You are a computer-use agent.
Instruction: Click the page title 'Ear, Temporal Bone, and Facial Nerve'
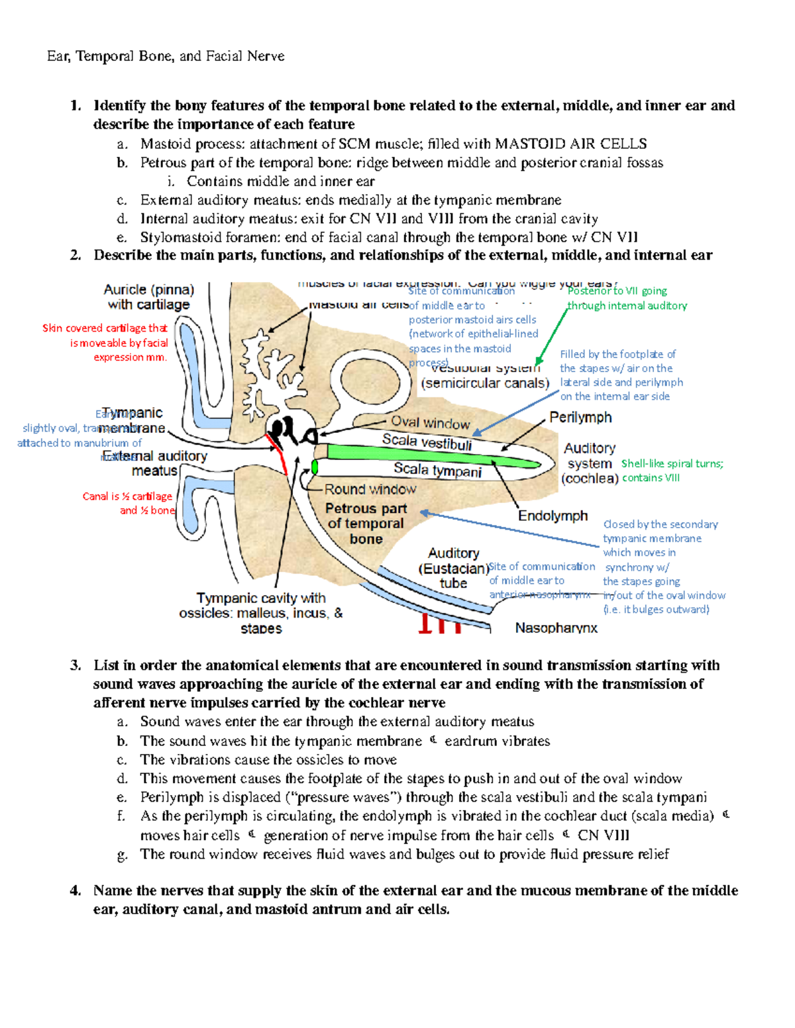click(166, 56)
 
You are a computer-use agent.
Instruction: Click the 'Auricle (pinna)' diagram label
click(148, 290)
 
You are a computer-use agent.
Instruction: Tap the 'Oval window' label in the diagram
click(430, 422)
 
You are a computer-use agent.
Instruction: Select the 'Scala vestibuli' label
click(427, 442)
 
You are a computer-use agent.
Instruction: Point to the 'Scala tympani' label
click(437, 470)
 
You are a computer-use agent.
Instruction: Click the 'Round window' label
click(370, 489)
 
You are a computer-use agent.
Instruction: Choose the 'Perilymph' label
click(580, 418)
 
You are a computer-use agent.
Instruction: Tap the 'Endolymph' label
click(553, 516)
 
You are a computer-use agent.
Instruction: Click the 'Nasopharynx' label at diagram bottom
click(556, 628)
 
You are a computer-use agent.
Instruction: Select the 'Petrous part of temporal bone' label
click(366, 524)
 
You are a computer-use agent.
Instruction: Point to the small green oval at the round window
click(315, 467)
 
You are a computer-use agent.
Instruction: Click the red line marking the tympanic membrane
click(279, 453)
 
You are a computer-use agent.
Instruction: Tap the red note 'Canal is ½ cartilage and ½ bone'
click(128, 503)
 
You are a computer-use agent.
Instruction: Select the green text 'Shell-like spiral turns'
click(672, 463)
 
